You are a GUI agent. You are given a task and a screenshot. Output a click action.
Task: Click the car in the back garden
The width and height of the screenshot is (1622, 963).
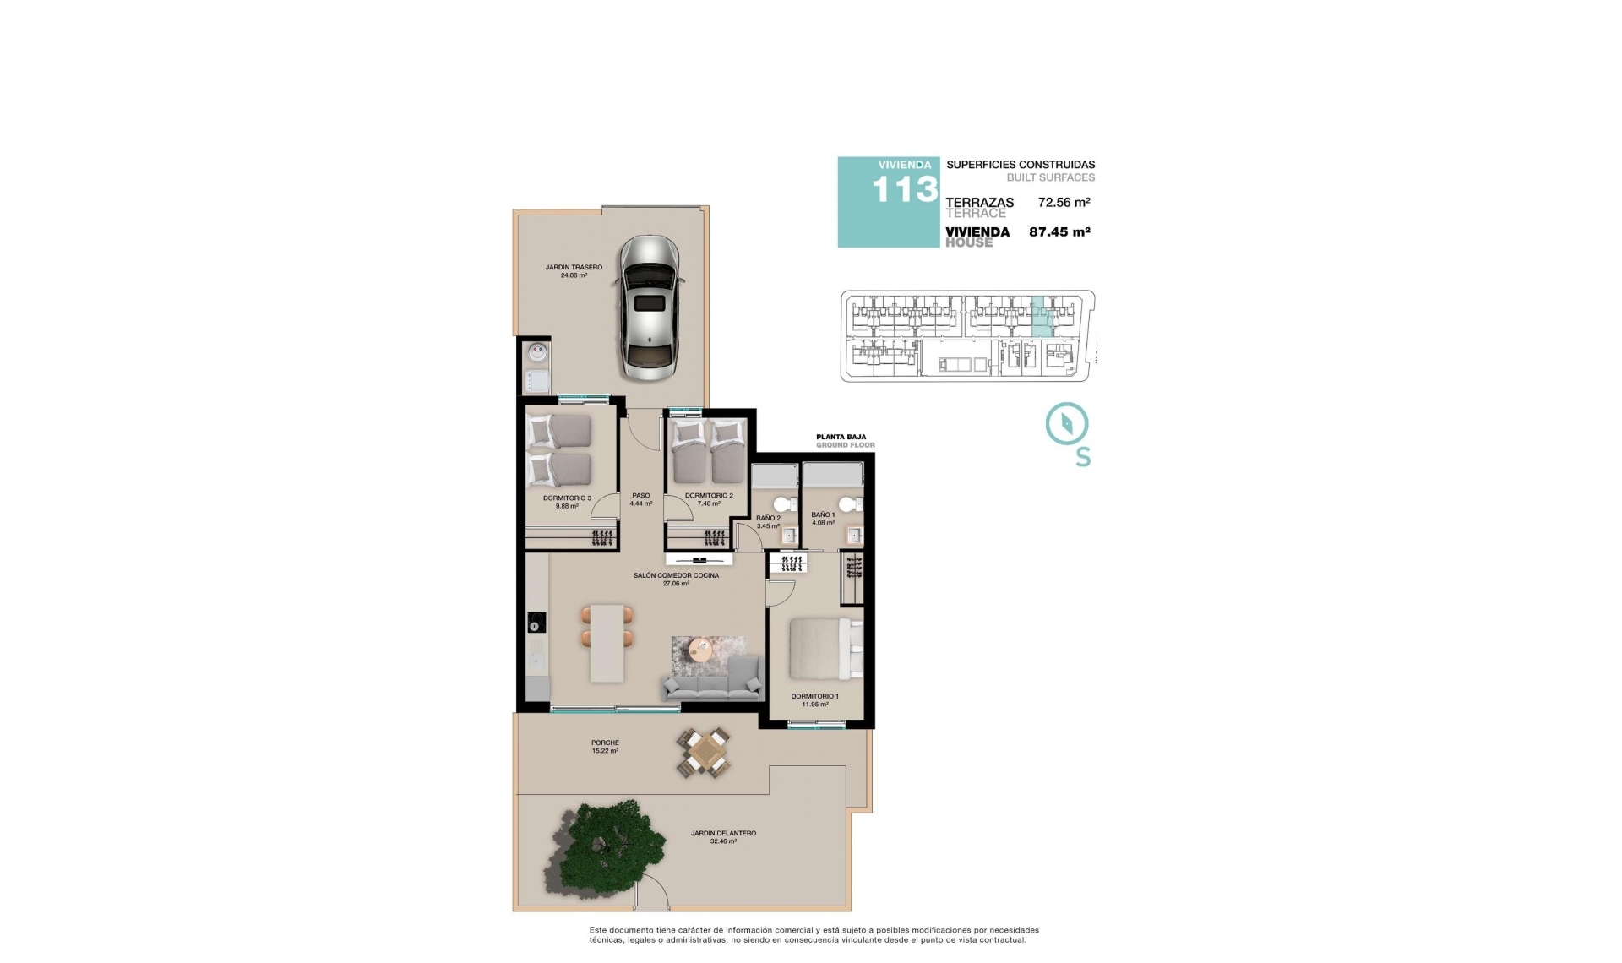tap(648, 307)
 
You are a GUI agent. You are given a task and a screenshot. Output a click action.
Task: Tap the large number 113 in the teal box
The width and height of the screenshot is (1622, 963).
tap(904, 191)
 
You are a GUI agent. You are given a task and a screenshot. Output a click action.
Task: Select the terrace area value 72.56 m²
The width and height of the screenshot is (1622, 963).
tap(1064, 203)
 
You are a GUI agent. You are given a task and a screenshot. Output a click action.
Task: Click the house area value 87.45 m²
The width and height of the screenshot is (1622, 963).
tap(1059, 232)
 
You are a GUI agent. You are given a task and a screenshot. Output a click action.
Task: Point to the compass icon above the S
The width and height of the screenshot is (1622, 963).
tap(1066, 423)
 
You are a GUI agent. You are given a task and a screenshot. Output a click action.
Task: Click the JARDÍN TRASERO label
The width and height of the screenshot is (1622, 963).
tap(574, 271)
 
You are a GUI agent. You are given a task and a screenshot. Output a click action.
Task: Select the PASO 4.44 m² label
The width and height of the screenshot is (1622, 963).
tap(641, 499)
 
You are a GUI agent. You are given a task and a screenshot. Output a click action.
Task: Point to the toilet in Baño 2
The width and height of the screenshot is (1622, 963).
tap(783, 505)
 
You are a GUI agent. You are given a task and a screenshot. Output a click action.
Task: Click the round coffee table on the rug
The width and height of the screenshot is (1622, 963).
tap(700, 649)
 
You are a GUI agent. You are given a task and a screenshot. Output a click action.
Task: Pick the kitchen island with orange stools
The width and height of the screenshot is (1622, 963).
tap(607, 642)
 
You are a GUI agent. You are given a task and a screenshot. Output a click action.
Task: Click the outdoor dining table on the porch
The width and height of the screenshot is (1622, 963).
tap(703, 752)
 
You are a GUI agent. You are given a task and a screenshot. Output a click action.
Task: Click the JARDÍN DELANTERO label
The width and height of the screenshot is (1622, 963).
tap(723, 836)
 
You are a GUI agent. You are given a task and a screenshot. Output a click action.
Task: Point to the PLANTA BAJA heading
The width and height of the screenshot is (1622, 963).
tap(841, 438)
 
